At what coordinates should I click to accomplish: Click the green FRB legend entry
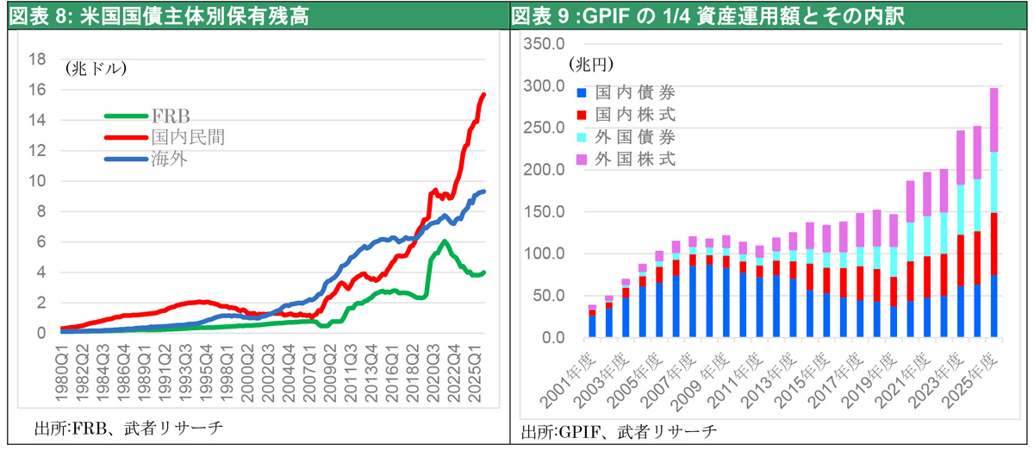point(147,116)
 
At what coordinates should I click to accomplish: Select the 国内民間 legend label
point(189,137)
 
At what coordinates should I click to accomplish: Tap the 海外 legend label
point(170,159)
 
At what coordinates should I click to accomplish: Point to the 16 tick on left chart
point(37,90)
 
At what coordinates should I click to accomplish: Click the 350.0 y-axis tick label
point(544,44)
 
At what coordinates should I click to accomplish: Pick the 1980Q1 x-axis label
point(62,378)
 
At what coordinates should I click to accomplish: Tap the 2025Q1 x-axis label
point(475,378)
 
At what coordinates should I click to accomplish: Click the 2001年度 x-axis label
point(569,380)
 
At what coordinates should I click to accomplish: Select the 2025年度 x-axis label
point(970,380)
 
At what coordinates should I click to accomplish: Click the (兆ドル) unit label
point(96,69)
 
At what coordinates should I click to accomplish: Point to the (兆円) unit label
point(591,64)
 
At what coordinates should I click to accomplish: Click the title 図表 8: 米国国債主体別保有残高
point(159,16)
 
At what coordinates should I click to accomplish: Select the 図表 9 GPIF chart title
point(707,16)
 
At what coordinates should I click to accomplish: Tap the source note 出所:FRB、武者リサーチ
point(128,428)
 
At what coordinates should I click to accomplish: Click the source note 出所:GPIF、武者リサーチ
point(619,432)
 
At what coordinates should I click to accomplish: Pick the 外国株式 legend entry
point(626,160)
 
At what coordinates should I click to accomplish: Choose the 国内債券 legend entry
point(626,92)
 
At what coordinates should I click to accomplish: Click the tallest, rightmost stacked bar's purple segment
point(994,120)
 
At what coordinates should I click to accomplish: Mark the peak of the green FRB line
point(444,241)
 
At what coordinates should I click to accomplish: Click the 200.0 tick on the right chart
point(544,170)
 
